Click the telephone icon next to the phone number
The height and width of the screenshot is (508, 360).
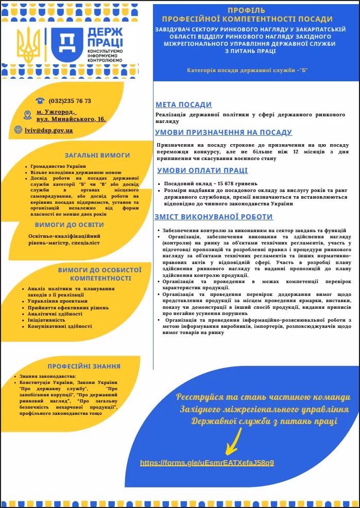click(x=40, y=101)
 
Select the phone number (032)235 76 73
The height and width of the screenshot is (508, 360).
click(x=70, y=101)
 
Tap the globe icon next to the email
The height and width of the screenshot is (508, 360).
click(x=19, y=130)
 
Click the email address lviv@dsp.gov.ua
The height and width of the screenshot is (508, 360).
click(x=49, y=130)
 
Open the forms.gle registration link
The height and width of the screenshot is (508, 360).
click(x=207, y=463)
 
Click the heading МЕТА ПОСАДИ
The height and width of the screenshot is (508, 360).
click(x=183, y=104)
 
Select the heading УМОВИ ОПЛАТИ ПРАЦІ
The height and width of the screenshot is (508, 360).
click(x=202, y=171)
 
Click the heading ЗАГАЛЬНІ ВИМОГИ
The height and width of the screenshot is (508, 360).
click(x=97, y=155)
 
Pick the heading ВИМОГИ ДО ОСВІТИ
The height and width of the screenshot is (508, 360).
click(x=70, y=225)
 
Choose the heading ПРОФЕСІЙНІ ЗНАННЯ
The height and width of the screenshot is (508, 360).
click(x=84, y=366)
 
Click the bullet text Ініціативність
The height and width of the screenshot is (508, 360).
click(x=47, y=320)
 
